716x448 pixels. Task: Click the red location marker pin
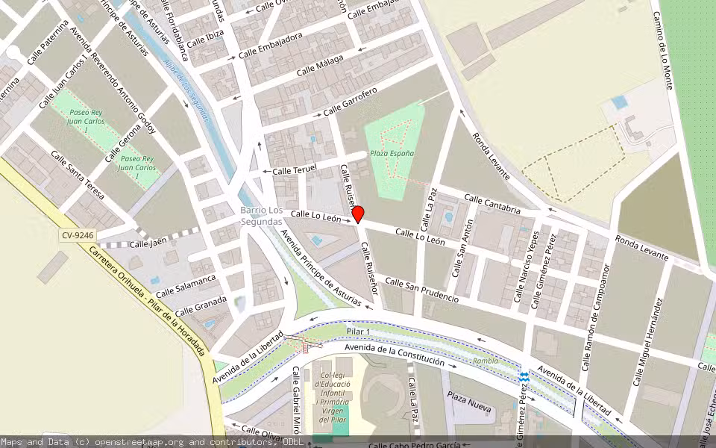tap(357, 214)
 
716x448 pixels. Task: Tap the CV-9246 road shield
tap(78, 235)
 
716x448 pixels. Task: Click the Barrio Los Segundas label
tap(261, 215)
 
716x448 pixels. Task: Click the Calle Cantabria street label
tap(492, 203)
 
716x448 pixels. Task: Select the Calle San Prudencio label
tap(421, 289)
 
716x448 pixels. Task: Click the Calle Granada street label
tap(201, 307)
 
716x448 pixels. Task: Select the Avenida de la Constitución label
tap(395, 356)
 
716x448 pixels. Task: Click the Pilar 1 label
tap(358, 331)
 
